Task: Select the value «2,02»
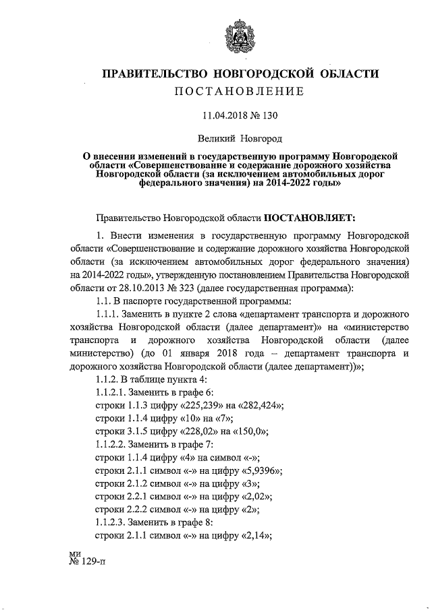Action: pos(251,497)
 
